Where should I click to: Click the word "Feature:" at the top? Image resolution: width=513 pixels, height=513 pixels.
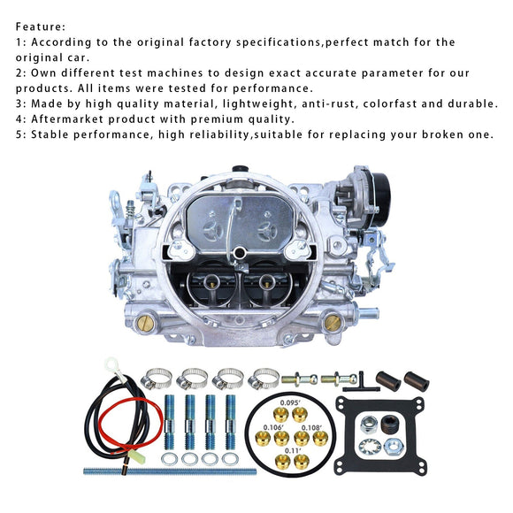[x=41, y=27]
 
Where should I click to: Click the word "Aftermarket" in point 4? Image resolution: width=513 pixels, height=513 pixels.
[x=67, y=119]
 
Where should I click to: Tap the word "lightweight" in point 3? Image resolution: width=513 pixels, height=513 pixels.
[x=258, y=103]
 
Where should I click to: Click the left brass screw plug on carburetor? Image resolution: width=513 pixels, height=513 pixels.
[x=145, y=324]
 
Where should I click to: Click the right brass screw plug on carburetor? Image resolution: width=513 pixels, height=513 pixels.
[x=333, y=322]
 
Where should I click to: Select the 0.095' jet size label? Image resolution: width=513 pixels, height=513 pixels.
[x=290, y=402]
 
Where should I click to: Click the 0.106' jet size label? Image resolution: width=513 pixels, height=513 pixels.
[x=273, y=427]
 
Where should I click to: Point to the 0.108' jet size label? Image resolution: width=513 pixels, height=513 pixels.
[x=311, y=427]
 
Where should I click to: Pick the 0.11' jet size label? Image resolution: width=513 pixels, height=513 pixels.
[x=293, y=450]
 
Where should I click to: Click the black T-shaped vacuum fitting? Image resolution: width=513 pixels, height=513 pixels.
[x=361, y=384]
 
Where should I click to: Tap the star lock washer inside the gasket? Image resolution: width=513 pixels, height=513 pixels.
[x=370, y=448]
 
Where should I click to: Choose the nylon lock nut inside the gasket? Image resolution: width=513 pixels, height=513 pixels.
[x=370, y=425]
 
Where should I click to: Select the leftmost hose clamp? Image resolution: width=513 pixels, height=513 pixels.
[x=157, y=379]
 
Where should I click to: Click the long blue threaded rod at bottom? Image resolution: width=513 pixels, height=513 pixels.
[x=170, y=471]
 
